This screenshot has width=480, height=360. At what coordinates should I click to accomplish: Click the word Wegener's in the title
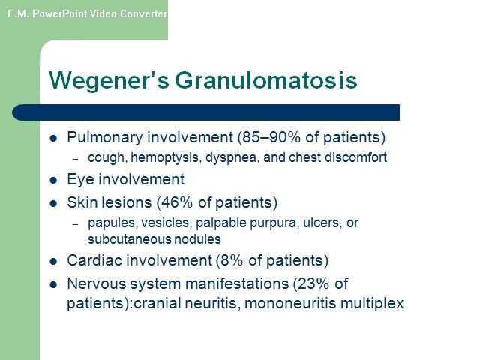[x=109, y=80]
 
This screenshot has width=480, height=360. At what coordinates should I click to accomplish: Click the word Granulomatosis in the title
[x=266, y=80]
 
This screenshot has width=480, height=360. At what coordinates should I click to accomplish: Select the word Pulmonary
[x=105, y=138]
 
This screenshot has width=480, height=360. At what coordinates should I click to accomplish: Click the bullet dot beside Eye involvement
[x=53, y=180]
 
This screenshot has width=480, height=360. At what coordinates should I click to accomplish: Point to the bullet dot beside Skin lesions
[x=53, y=203]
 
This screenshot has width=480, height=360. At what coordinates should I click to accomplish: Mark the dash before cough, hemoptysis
[x=76, y=159]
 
